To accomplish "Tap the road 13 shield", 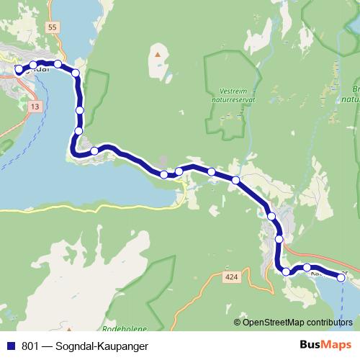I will (x=35, y=106).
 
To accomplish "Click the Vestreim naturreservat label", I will (x=234, y=96).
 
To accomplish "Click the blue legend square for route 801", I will (x=10, y=347).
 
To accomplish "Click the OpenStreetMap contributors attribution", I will (x=297, y=322).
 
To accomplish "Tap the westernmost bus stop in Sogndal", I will (x=19, y=70).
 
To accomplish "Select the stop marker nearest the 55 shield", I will (x=58, y=64).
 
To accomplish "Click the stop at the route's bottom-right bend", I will (x=286, y=271).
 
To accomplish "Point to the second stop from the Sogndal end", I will (x=33, y=66).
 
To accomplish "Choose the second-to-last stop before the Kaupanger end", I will (x=307, y=268).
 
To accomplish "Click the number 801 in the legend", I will (x=30, y=347).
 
